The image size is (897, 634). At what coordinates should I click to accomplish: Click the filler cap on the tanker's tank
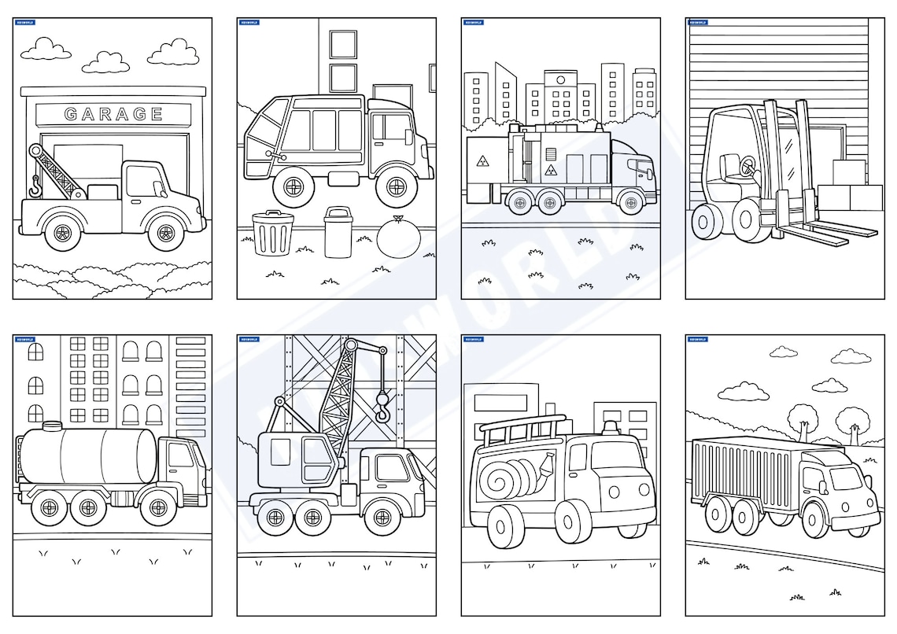click(51, 426)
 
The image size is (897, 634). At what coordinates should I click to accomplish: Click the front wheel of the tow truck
click(166, 232)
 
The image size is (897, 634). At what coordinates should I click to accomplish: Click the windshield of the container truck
click(845, 477)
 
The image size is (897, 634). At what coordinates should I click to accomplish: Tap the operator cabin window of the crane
click(280, 452)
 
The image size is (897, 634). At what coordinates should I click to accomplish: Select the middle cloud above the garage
click(106, 62)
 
